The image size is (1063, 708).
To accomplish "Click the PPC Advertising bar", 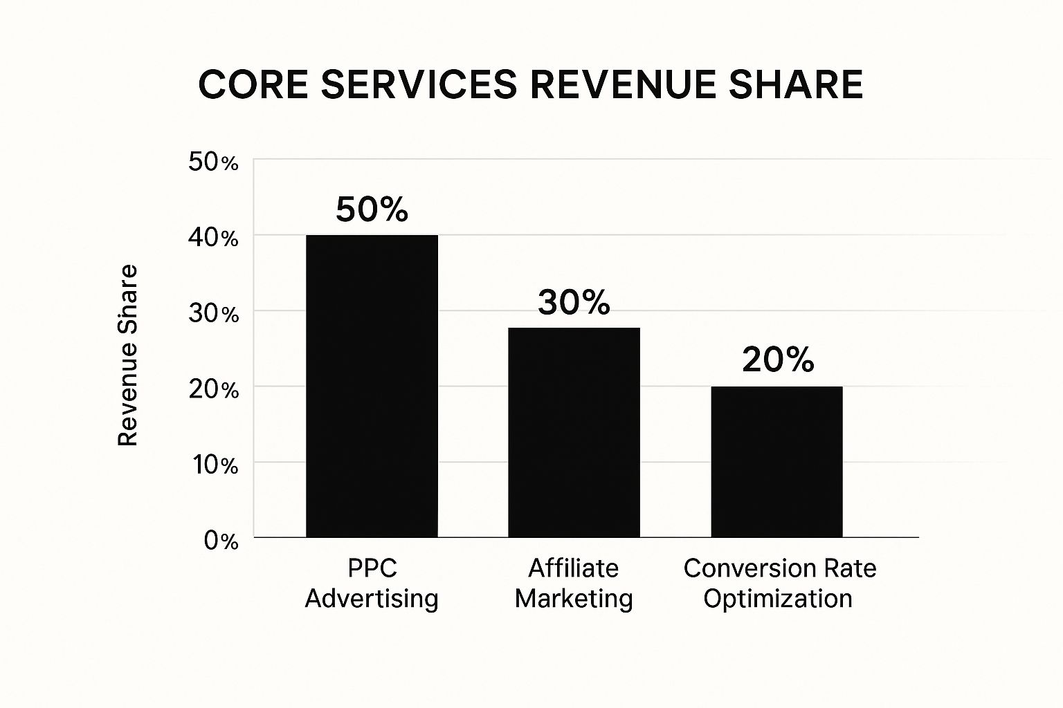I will point(372,386).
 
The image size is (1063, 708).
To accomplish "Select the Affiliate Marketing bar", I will point(574,432).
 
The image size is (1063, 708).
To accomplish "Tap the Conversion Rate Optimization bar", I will point(776,461).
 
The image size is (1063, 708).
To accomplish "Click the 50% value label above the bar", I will point(372,209).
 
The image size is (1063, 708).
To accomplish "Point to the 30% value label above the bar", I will point(574,302).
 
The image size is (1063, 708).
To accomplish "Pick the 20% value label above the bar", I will point(778,360).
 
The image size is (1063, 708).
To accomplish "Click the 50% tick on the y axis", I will point(213,162).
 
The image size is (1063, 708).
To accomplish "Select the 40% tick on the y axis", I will point(213,238).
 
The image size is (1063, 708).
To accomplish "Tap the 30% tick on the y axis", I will point(213,314).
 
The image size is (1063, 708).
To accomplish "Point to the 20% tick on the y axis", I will point(213,389).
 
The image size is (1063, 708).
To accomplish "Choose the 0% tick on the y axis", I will point(221,540).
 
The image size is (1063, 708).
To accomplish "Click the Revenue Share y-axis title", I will point(128,355).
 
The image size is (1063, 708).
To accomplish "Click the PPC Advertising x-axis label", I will point(372,583).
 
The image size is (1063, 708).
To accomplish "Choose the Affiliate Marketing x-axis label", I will point(574,583).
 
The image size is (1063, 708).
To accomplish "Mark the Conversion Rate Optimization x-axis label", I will point(779,583).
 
